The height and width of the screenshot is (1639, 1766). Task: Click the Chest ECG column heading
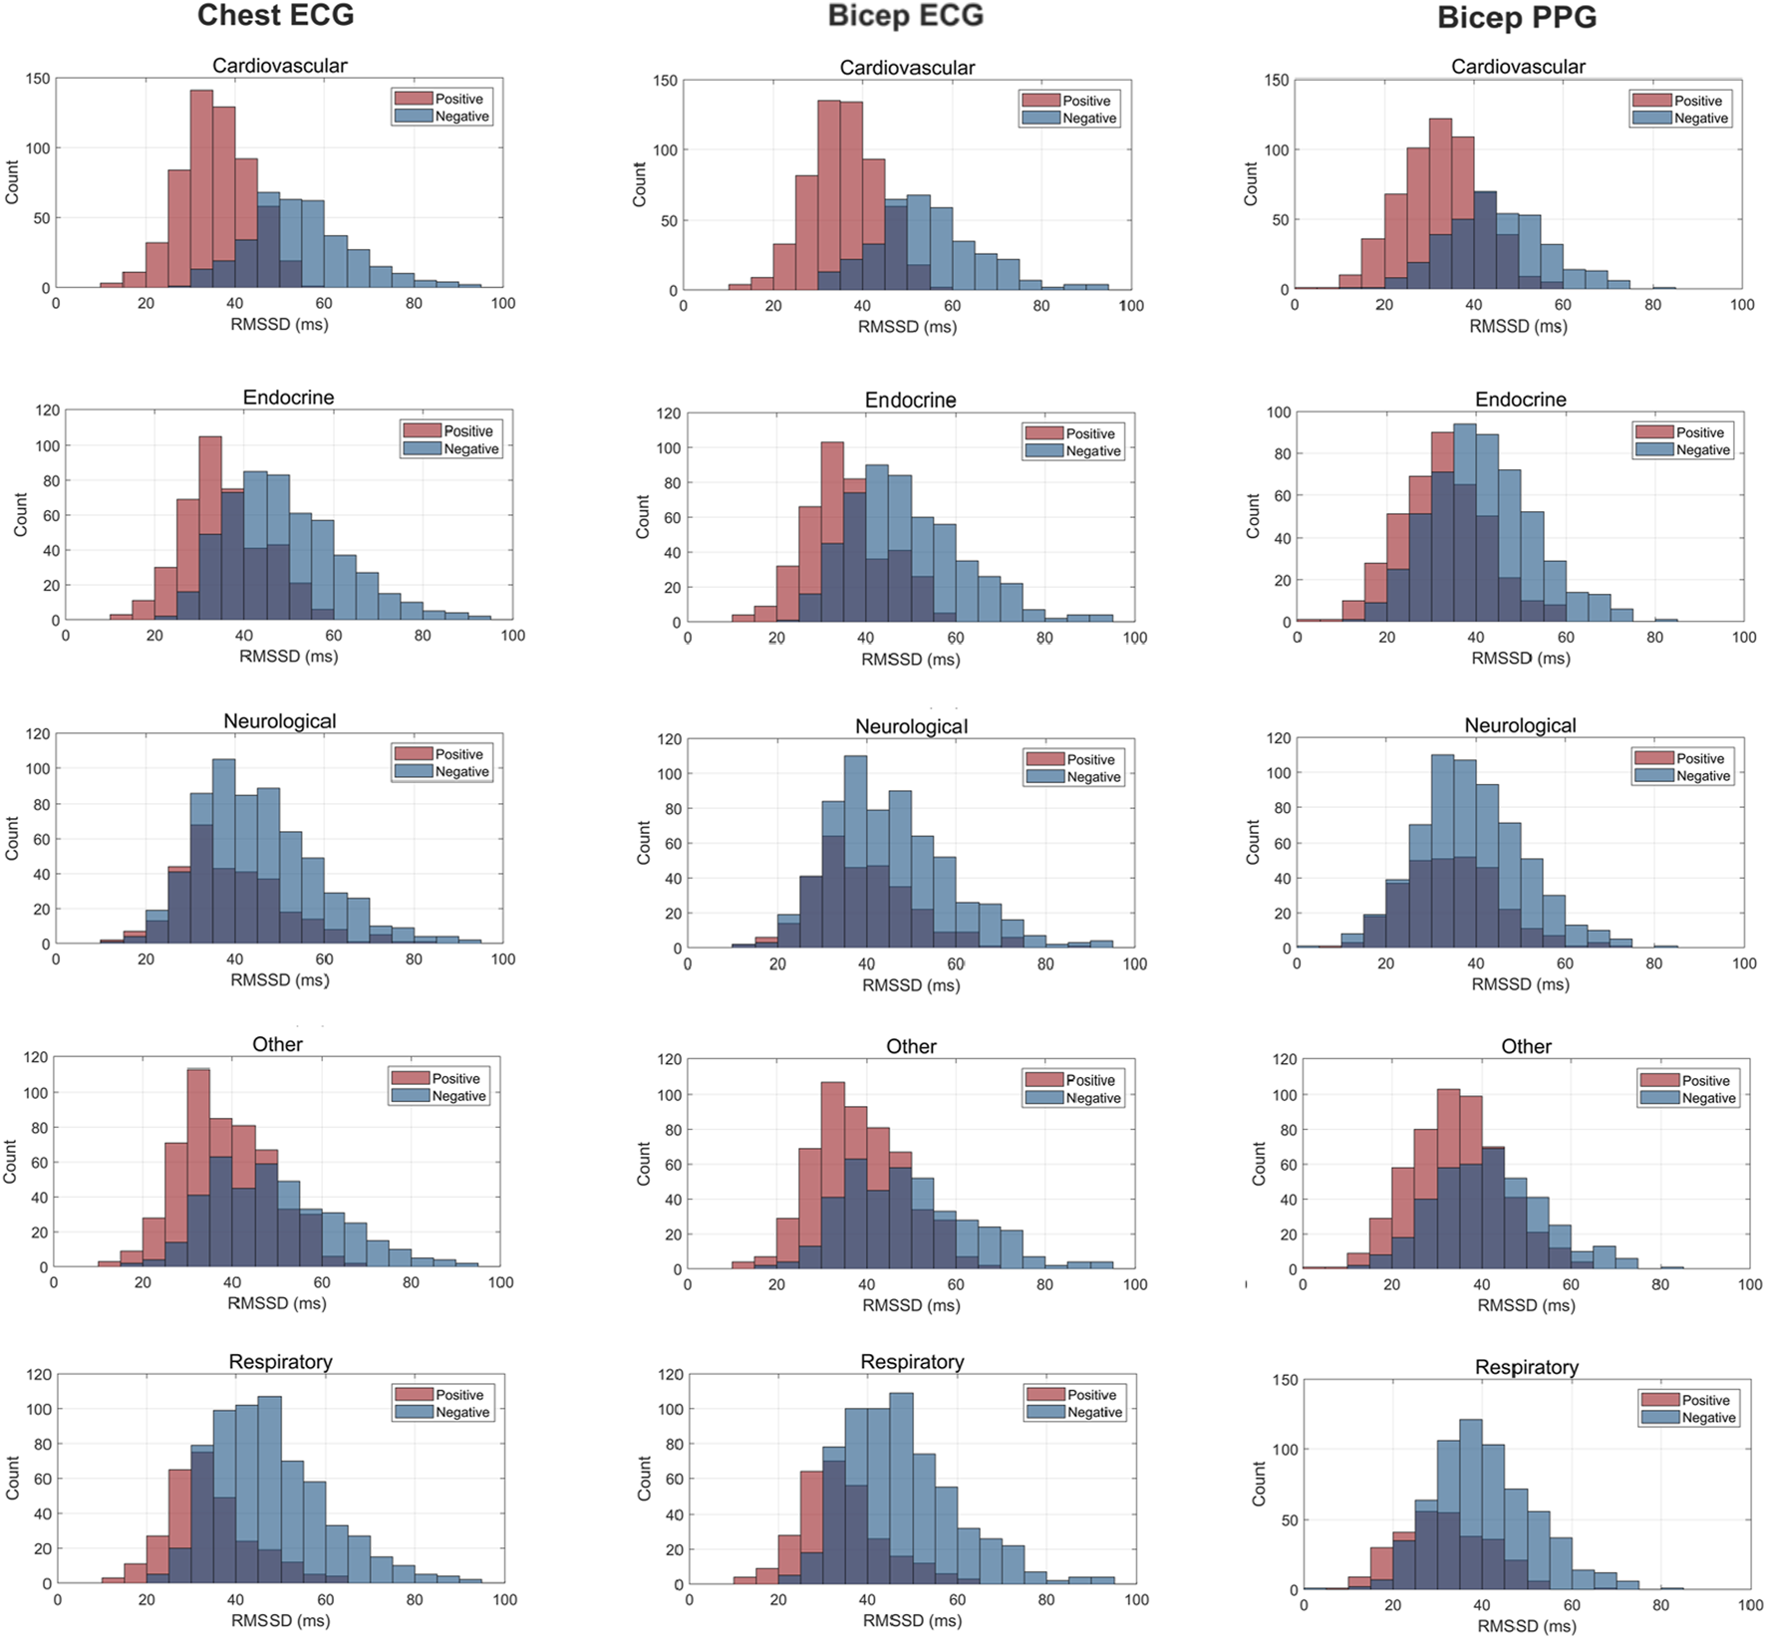click(x=275, y=15)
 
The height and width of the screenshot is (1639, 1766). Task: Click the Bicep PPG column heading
click(x=1516, y=17)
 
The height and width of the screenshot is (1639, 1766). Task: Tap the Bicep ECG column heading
click(x=905, y=15)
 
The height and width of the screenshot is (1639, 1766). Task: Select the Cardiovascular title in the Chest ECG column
click(x=279, y=66)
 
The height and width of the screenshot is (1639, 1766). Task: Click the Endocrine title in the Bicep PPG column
click(x=1520, y=400)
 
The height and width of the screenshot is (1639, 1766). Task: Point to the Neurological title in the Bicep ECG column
click(x=911, y=726)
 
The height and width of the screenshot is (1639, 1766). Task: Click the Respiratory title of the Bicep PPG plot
click(x=1526, y=1367)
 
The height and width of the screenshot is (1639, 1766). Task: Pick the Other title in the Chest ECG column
click(x=277, y=1044)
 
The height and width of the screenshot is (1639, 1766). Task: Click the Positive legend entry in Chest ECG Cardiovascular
click(x=457, y=99)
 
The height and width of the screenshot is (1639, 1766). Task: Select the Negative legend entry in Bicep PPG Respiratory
click(x=1707, y=1418)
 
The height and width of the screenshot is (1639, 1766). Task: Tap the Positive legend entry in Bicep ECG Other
click(x=1089, y=1080)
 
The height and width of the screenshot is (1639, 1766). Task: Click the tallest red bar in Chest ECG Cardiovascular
click(x=201, y=189)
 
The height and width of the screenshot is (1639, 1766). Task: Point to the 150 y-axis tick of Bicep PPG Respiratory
click(x=1286, y=1380)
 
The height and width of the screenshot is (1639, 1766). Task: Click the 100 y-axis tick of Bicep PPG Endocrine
click(x=1279, y=412)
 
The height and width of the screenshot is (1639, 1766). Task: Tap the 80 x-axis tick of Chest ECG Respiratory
click(x=415, y=1599)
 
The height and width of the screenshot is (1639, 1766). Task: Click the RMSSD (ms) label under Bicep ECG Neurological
click(x=911, y=985)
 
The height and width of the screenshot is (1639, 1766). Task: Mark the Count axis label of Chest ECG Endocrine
click(x=21, y=515)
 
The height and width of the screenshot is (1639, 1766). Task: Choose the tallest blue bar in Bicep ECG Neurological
click(x=855, y=852)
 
